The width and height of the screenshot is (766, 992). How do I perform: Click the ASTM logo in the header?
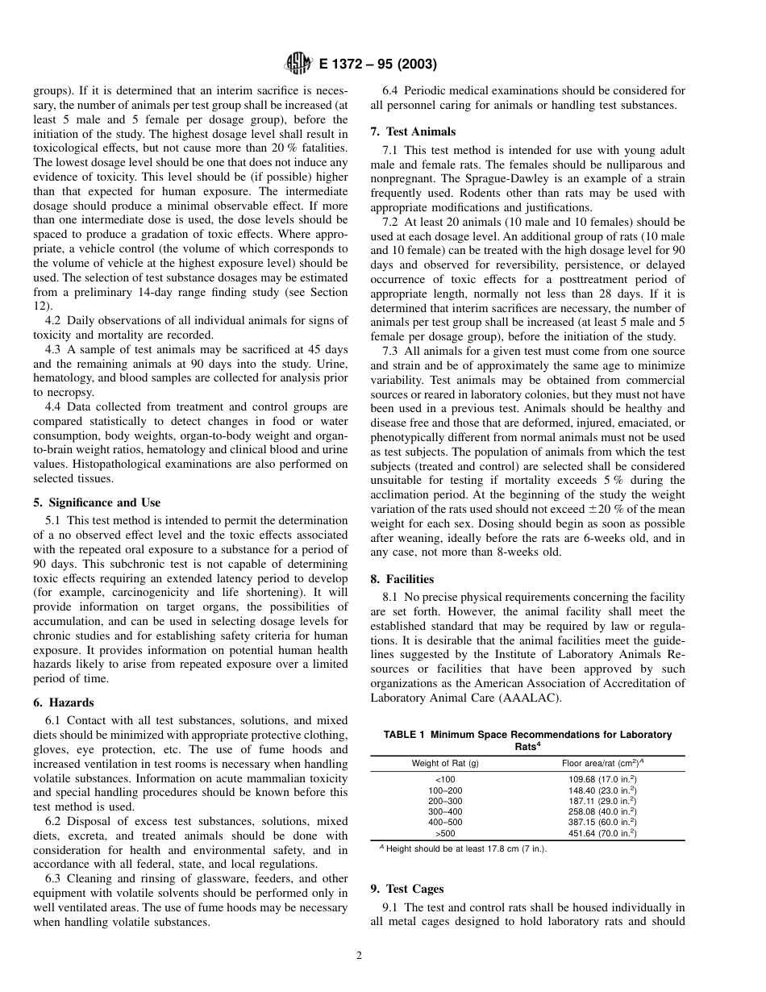click(298, 65)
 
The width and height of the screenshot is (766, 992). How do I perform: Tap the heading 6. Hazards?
click(64, 702)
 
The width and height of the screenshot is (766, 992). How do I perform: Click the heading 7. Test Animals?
click(413, 131)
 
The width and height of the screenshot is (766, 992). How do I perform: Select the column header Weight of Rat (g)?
click(445, 764)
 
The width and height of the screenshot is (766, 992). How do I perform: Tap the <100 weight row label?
click(444, 780)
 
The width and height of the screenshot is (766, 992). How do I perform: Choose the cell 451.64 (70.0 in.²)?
click(602, 833)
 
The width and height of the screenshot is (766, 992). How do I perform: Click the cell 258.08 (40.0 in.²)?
click(602, 811)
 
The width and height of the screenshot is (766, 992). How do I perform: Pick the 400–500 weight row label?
click(445, 823)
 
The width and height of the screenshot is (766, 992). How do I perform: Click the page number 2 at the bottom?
click(360, 957)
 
